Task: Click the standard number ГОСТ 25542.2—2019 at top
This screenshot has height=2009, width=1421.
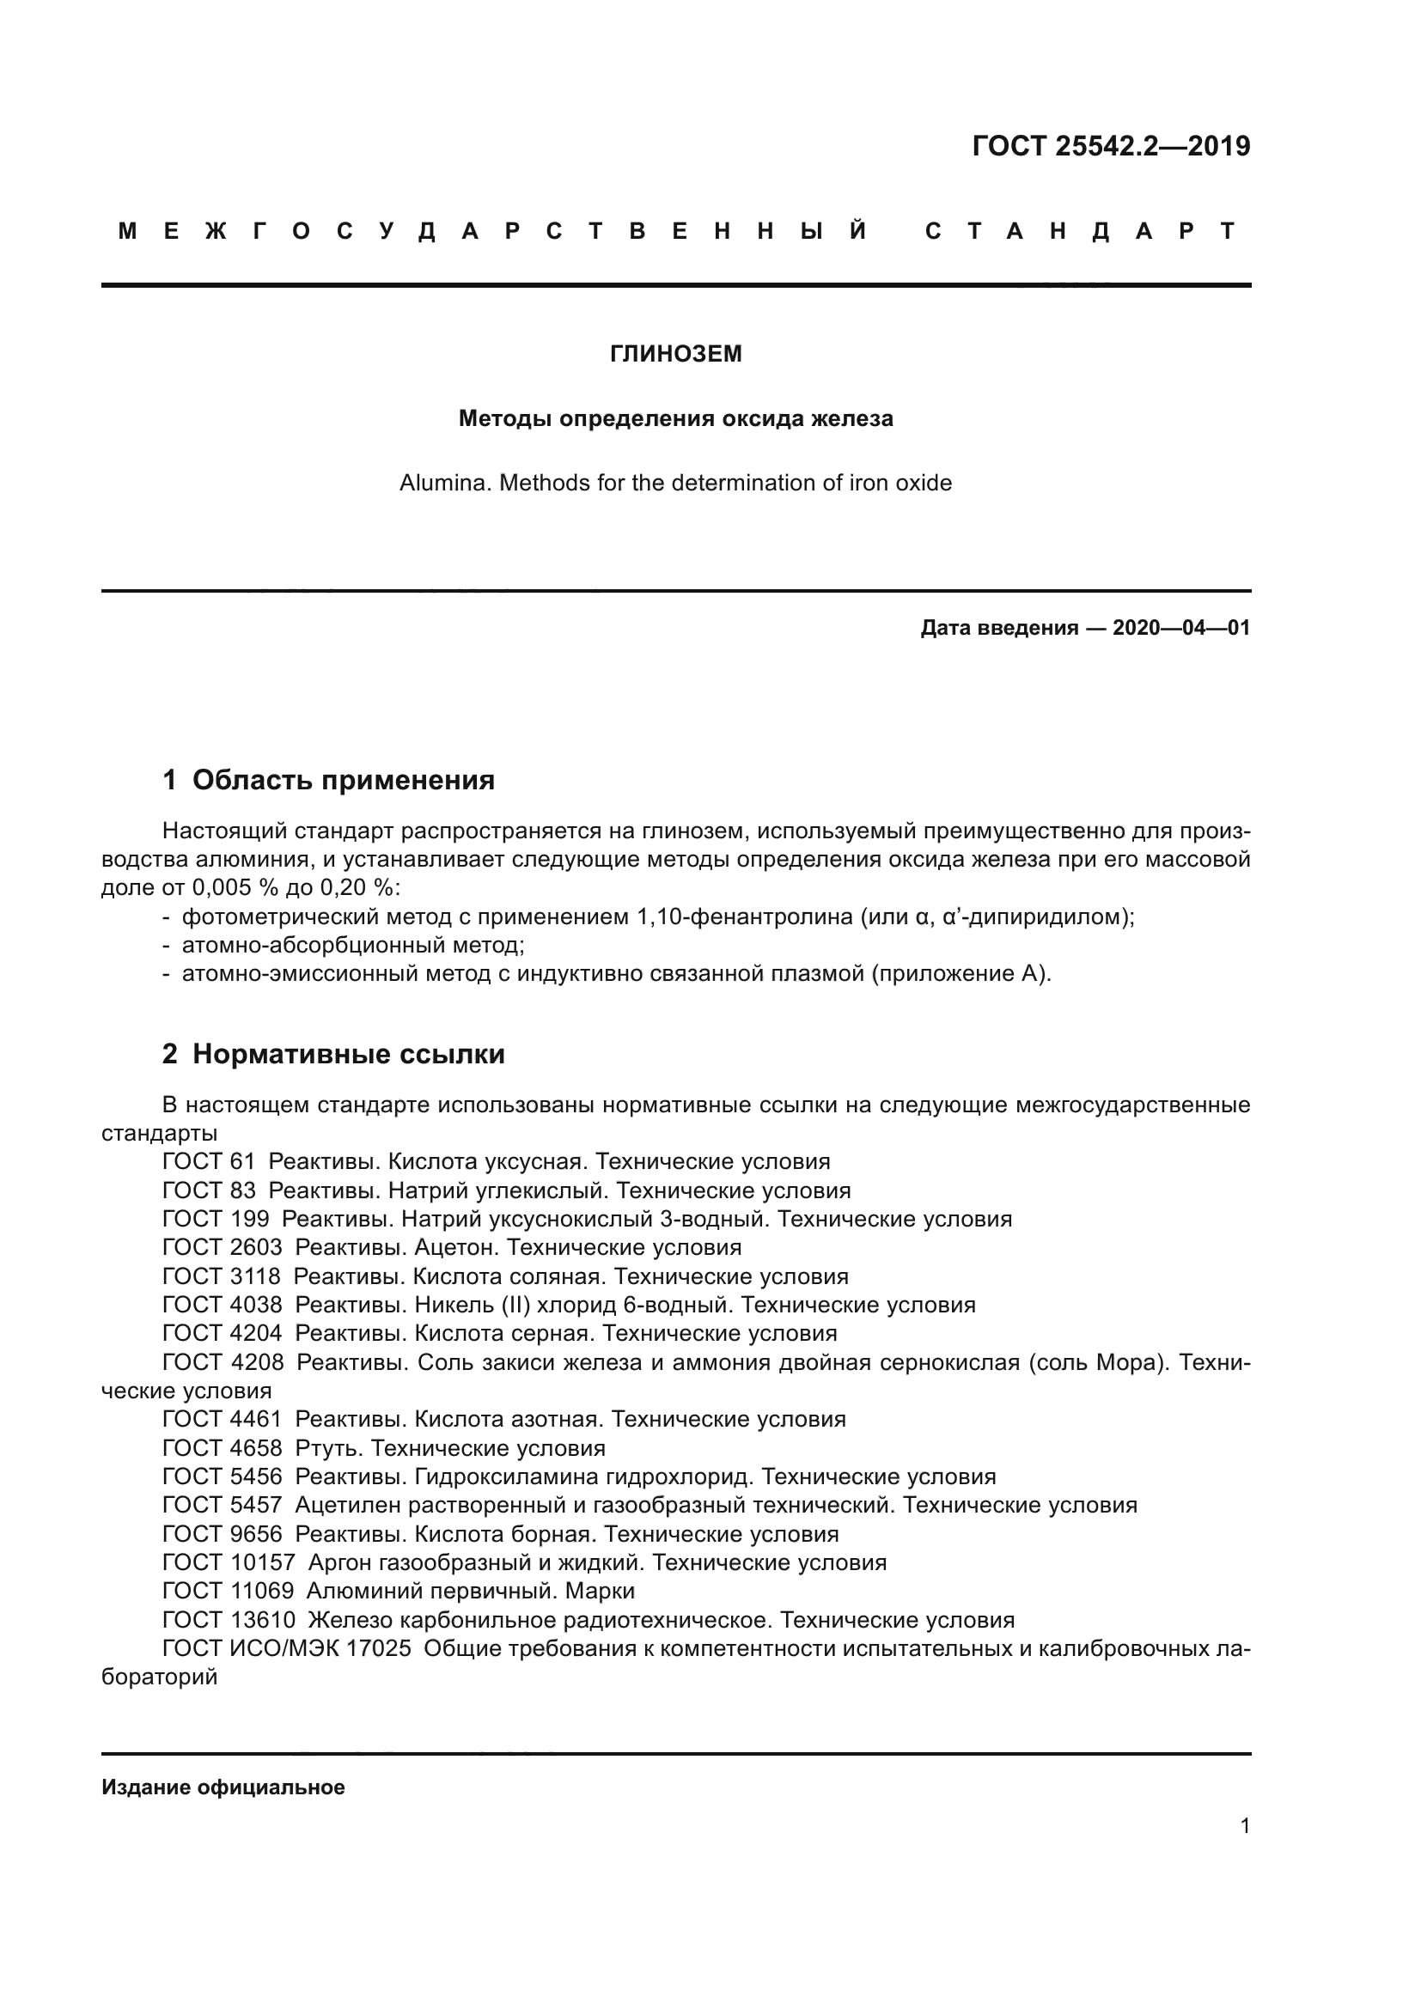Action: pos(1110,146)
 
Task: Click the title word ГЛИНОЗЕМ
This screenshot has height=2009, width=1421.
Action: pos(675,354)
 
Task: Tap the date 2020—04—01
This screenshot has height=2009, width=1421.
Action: pos(1180,627)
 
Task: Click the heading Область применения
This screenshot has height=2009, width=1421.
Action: pos(343,780)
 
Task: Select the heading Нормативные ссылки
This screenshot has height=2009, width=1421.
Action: pos(348,1055)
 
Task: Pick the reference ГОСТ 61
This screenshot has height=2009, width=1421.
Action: pos(208,1162)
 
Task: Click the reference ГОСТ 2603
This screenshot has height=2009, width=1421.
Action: pos(223,1248)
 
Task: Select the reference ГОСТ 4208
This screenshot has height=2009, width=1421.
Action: pos(223,1362)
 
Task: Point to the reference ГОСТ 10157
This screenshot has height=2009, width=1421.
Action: pos(229,1562)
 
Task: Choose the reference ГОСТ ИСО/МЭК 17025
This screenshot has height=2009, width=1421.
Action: pos(286,1648)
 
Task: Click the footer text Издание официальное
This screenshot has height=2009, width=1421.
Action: pos(223,1787)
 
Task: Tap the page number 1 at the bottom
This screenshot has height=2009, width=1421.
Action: pos(1244,1826)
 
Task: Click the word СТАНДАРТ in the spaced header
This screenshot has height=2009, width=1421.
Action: pos(1081,231)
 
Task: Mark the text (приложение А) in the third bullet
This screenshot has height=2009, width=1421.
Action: pos(960,974)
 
